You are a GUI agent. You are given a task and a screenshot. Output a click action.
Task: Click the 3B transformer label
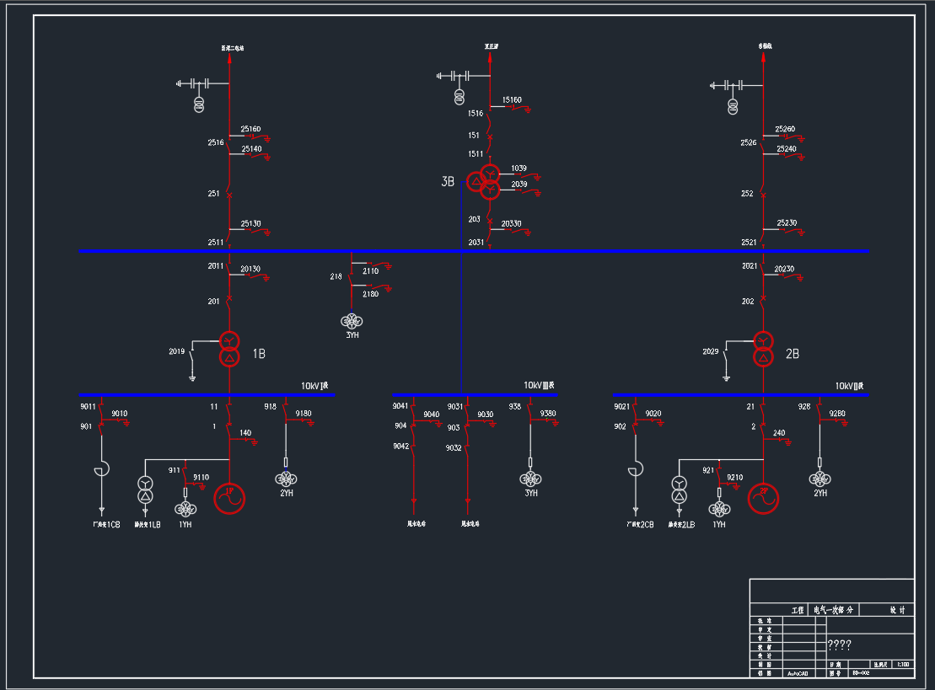(448, 182)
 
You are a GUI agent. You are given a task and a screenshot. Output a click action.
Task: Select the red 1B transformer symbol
(228, 349)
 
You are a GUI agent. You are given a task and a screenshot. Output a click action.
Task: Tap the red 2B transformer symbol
(763, 349)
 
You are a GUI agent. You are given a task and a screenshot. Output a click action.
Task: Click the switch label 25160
(251, 129)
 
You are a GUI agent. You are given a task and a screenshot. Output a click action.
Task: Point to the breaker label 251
(213, 194)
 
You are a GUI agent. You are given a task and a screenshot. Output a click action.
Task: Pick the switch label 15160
(512, 100)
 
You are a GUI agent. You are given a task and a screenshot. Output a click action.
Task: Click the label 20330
(511, 223)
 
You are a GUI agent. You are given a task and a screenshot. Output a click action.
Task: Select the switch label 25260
(786, 129)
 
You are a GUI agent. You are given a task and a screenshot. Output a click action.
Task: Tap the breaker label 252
(747, 194)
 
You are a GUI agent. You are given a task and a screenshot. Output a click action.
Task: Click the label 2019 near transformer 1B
(177, 351)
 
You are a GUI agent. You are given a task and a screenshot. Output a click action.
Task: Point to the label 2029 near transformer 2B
(711, 351)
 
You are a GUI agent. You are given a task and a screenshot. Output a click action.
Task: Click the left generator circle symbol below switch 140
(229, 498)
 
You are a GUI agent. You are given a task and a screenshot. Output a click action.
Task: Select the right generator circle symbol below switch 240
(764, 498)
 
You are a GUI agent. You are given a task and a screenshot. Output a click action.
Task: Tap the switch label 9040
(431, 415)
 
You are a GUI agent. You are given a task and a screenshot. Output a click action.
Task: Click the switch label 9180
(304, 414)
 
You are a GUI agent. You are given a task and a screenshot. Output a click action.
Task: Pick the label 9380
(548, 414)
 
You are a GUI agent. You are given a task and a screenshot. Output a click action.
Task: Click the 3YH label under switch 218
(352, 335)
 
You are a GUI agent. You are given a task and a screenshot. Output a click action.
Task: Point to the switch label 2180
(371, 294)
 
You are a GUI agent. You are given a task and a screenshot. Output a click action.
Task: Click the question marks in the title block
(839, 645)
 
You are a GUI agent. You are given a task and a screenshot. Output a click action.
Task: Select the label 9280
(837, 414)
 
